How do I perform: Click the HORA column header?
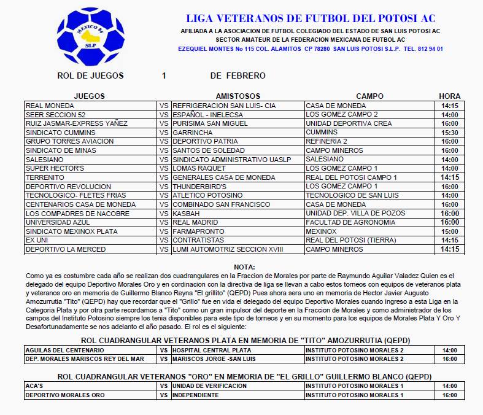tap(449, 96)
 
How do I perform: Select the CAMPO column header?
tap(369, 96)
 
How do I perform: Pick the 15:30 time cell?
tap(449, 132)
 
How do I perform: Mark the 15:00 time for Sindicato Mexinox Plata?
tap(449, 231)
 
